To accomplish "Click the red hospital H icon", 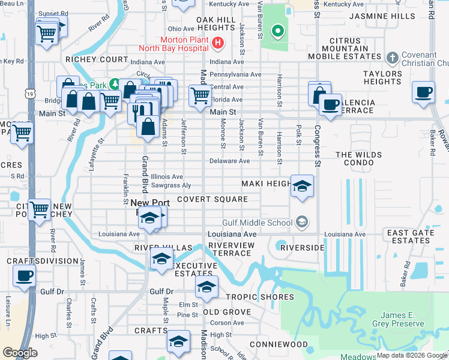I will [218, 43].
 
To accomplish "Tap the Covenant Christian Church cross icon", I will [393, 58].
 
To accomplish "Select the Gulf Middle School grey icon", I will [303, 223].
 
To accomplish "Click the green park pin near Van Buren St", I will [277, 31].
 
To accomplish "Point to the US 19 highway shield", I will [29, 94].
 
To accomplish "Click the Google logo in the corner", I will [20, 353].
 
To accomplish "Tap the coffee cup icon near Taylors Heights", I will [424, 93].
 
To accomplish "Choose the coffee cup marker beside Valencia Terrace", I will [330, 104].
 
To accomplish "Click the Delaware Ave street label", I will [229, 161].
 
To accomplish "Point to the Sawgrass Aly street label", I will [171, 186].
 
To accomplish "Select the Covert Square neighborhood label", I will [212, 199].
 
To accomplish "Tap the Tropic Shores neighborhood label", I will [260, 297].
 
